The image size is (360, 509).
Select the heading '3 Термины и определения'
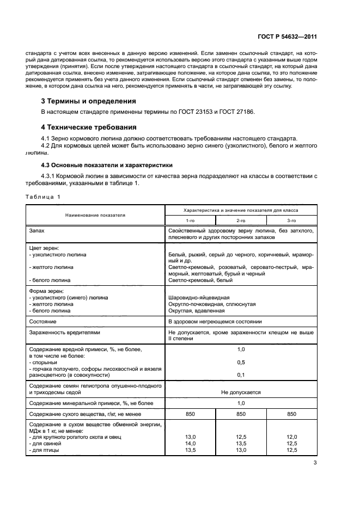[x=89, y=101]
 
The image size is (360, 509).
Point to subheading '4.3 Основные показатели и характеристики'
[x=107, y=164]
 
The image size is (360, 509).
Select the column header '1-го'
[x=190, y=220]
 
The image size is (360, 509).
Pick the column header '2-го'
[x=241, y=220]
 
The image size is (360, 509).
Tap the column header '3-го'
[x=291, y=220]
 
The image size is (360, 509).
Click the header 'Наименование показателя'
[x=95, y=215]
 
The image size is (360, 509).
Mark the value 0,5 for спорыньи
[x=241, y=362]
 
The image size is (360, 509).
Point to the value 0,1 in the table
[x=241, y=375]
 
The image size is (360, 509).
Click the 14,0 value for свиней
[x=190, y=444]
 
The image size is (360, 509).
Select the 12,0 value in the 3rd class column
[x=291, y=437]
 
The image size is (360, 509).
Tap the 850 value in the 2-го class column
[x=241, y=414]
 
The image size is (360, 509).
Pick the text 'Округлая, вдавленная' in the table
[x=197, y=311]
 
